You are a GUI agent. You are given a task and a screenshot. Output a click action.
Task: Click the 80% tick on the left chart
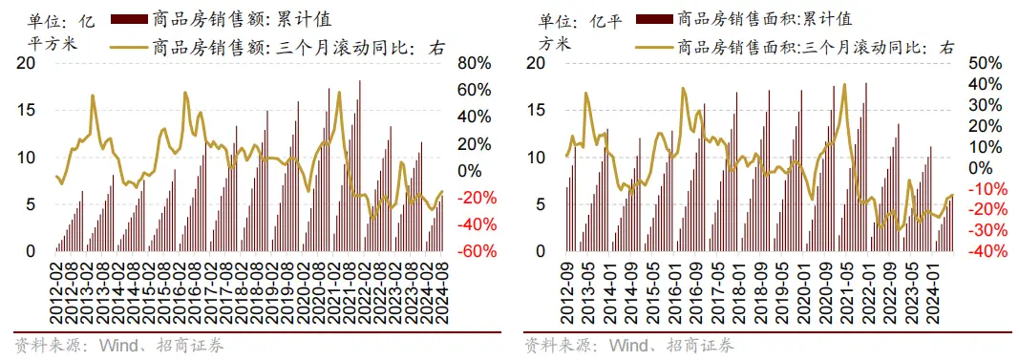pyautogui.click(x=474, y=64)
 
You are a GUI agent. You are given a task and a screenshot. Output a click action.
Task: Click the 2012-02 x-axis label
pyautogui.click(x=58, y=291)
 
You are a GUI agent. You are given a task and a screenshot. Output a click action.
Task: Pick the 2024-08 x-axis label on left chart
pyautogui.click(x=442, y=291)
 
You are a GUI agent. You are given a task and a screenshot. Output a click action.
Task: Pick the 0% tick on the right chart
pyautogui.click(x=986, y=168)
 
